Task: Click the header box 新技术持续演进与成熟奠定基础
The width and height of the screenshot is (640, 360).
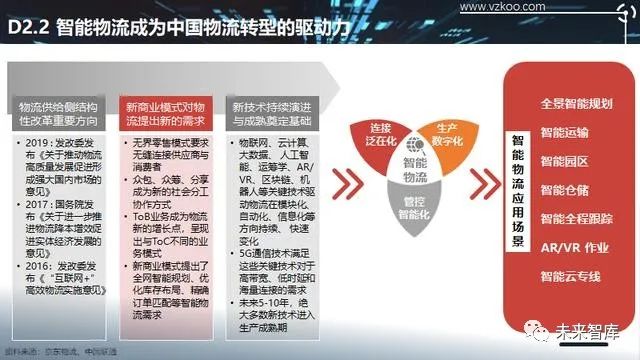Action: [275, 112]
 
